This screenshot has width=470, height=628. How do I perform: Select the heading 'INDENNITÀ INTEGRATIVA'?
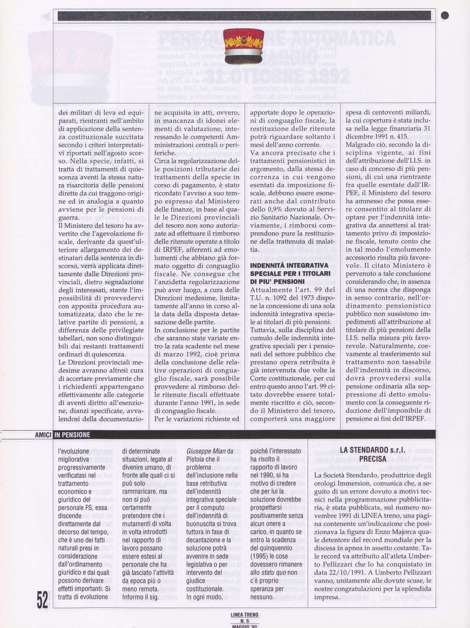pos(289,265)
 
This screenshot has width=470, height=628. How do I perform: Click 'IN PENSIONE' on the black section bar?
pos(72,435)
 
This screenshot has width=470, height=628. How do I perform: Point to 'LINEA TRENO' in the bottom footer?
pos(244,615)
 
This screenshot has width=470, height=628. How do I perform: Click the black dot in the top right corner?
pos(445,15)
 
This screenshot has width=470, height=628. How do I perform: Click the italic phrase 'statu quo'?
pos(274,572)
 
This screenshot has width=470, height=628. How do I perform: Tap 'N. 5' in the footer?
pos(244,621)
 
